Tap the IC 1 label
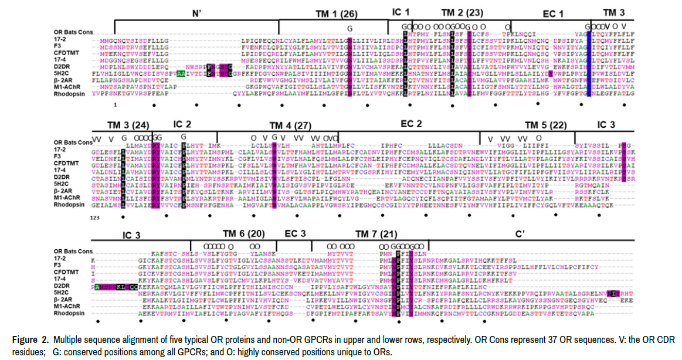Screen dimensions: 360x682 (401, 12)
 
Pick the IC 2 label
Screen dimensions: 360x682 (182, 124)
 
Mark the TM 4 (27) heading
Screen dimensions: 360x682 (290, 125)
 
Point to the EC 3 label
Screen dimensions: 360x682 (295, 233)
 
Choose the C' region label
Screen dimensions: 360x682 (520, 233)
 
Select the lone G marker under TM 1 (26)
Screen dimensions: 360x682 (350, 28)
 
